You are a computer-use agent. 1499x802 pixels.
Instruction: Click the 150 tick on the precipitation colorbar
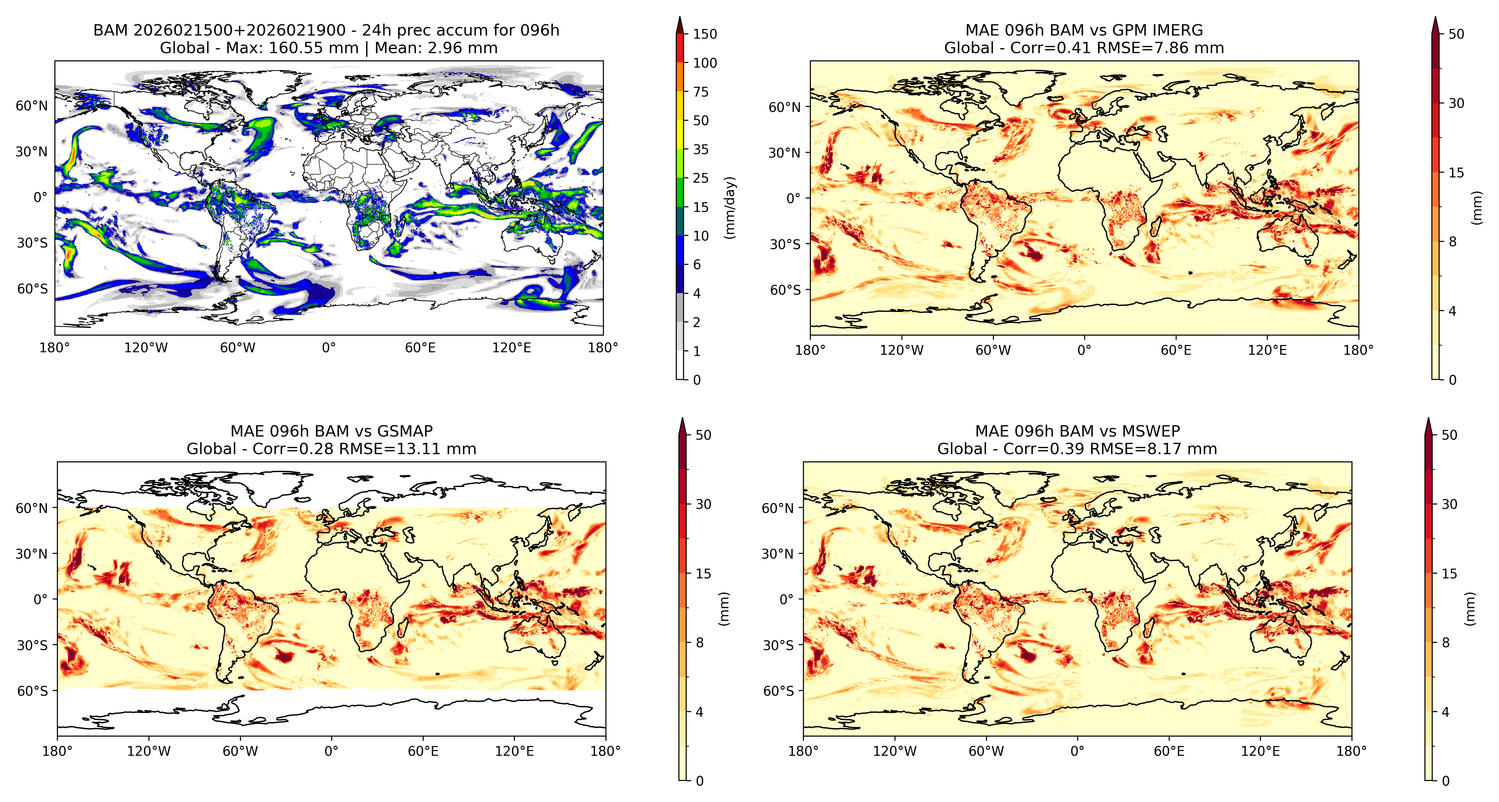click(705, 34)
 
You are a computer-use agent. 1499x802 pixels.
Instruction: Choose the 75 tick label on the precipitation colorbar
click(701, 92)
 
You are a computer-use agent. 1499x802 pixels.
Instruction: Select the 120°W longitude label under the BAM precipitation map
click(146, 348)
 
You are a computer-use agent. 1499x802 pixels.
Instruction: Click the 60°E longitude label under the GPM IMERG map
click(1176, 350)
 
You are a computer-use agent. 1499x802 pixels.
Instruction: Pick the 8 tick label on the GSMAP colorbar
click(700, 643)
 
